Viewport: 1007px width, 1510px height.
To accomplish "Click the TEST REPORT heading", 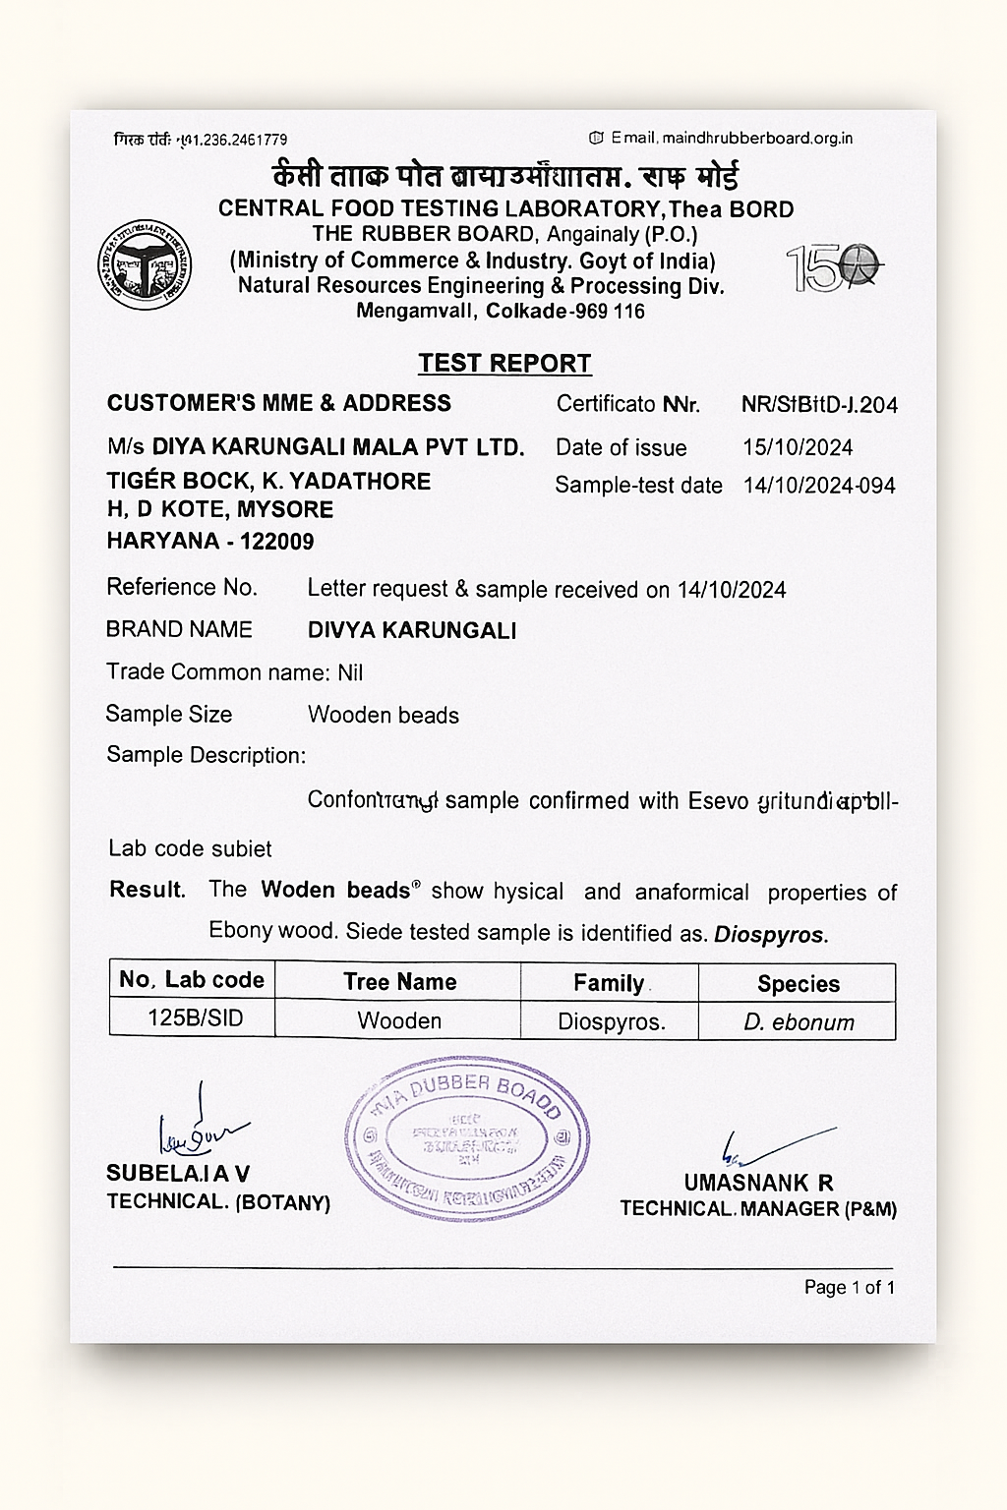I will pyautogui.click(x=504, y=364).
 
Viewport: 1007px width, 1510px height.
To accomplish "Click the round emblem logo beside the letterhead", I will pyautogui.click(x=145, y=265).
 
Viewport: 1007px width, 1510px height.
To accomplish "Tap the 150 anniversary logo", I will pyautogui.click(x=834, y=267).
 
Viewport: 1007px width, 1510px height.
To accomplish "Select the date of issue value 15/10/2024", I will pyautogui.click(x=798, y=448).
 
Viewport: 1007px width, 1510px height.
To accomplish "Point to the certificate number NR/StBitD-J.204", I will pyautogui.click(x=819, y=405).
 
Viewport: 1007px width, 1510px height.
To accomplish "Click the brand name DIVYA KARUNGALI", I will pyautogui.click(x=412, y=631).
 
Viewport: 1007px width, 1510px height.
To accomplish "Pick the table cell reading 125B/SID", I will pyautogui.click(x=195, y=1018).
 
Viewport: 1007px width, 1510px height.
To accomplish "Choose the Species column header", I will pyautogui.click(x=798, y=984).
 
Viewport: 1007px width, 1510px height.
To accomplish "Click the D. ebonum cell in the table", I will pyautogui.click(x=799, y=1022).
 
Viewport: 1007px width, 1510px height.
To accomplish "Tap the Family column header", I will pyautogui.click(x=609, y=983).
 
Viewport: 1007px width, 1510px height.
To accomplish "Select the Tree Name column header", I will pyautogui.click(x=399, y=982).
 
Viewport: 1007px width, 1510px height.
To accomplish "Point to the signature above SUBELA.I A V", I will pyautogui.click(x=200, y=1131).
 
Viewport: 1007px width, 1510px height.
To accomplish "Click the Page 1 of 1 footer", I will pyautogui.click(x=849, y=1288).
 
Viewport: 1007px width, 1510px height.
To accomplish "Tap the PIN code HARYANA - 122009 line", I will pyautogui.click(x=210, y=541).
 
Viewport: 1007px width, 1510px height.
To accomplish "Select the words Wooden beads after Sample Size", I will pyautogui.click(x=384, y=716).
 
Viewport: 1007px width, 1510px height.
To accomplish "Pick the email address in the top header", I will pyautogui.click(x=755, y=139).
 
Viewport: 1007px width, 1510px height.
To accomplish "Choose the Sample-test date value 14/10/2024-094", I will pyautogui.click(x=818, y=486).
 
